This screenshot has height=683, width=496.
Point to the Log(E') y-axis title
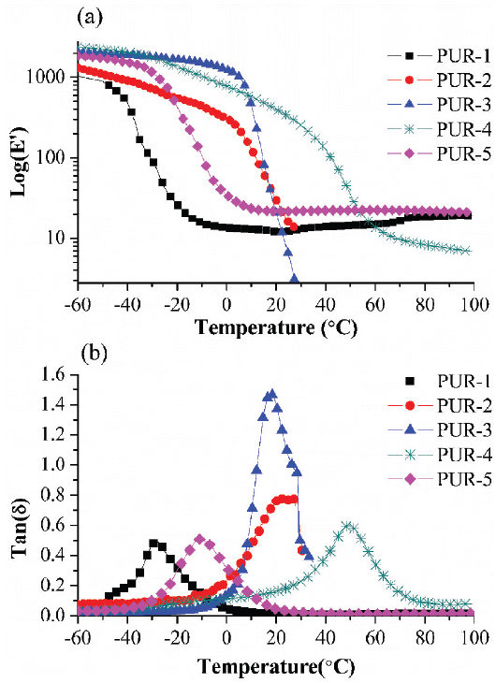pos(16,156)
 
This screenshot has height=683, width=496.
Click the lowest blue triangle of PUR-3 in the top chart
pos(294,278)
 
